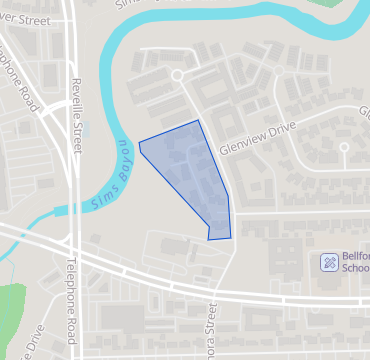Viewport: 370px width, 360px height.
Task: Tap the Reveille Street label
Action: point(75,117)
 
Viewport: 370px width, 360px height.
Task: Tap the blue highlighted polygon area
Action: point(190,175)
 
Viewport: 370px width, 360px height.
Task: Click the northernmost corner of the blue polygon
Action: point(198,120)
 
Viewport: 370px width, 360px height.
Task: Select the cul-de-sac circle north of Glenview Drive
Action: point(177,75)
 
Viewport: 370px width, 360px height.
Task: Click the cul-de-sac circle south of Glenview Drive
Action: point(343,147)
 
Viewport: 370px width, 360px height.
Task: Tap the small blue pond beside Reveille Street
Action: point(85,129)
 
